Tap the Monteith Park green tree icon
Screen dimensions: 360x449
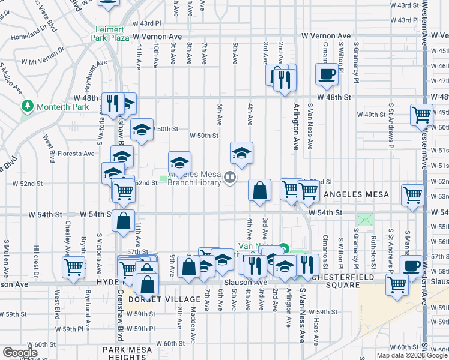coord(27,106)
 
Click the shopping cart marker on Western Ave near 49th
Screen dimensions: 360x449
coord(422,114)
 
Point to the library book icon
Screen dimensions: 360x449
coord(229,176)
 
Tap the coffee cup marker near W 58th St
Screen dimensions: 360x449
coord(412,265)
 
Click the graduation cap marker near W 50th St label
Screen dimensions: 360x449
coord(142,130)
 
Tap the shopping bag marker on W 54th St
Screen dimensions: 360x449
coord(123,220)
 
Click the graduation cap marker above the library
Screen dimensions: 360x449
coord(241,153)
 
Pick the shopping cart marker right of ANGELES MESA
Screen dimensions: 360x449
coord(412,195)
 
